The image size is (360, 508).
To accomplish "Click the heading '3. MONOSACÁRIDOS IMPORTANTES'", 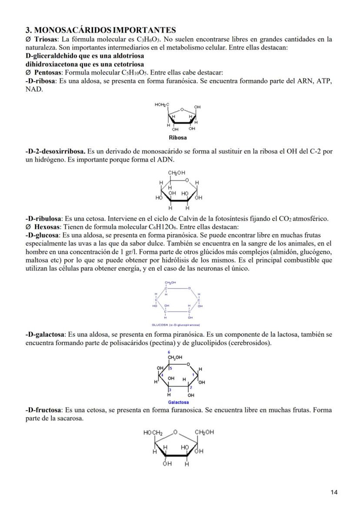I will click(x=100, y=30).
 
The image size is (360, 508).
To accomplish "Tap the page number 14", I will click(x=334, y=492).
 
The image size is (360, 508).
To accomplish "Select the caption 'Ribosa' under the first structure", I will click(x=177, y=138).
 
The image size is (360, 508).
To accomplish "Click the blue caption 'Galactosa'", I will click(x=178, y=402).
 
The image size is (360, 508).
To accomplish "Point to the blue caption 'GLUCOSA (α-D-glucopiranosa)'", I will click(x=176, y=325).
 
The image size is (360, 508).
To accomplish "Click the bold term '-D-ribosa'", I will click(x=40, y=81).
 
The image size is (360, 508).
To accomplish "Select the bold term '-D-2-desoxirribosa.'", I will click(x=55, y=152).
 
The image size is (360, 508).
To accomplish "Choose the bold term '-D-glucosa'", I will click(x=42, y=235).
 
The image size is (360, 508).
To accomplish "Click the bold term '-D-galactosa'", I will click(x=45, y=335).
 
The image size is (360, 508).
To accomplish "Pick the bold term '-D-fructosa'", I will click(x=43, y=410).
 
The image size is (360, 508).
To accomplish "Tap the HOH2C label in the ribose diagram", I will click(x=162, y=105).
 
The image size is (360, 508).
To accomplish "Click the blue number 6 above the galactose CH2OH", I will click(x=169, y=352).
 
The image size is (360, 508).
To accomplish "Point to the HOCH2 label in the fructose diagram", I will click(x=153, y=433).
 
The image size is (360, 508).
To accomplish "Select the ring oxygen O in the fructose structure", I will click(x=175, y=432).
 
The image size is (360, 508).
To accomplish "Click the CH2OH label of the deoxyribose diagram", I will click(x=177, y=173).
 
